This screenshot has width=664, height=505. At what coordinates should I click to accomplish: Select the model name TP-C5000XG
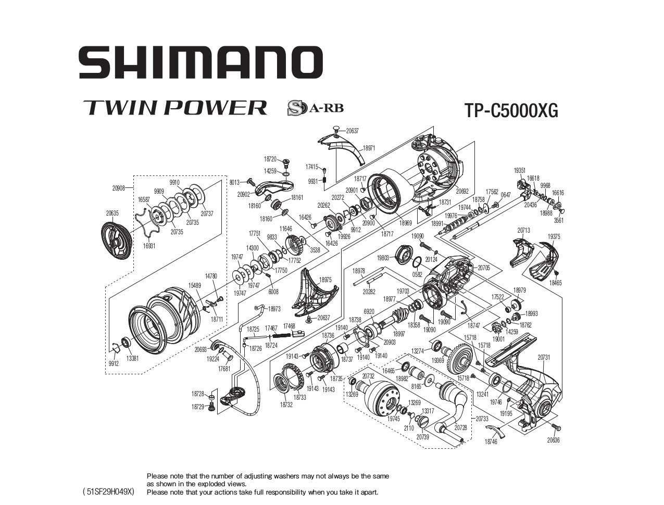click(x=510, y=110)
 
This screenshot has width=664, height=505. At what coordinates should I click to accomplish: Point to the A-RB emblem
click(x=315, y=108)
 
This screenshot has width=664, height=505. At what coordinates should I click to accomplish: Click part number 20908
click(x=118, y=188)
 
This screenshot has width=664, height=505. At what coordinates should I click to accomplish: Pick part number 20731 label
click(x=544, y=357)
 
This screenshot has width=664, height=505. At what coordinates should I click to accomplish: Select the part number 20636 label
click(x=553, y=440)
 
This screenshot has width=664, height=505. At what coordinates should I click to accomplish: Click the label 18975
click(x=325, y=280)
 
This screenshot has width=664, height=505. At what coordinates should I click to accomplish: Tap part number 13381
click(x=132, y=358)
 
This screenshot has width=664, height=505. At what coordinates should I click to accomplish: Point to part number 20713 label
click(x=523, y=230)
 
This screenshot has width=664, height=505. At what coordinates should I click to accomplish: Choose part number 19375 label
click(x=554, y=236)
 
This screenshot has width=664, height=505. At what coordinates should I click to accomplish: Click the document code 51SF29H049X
click(x=108, y=491)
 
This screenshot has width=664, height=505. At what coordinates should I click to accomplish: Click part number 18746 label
click(x=490, y=441)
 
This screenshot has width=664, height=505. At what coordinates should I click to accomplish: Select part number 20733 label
click(x=482, y=419)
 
